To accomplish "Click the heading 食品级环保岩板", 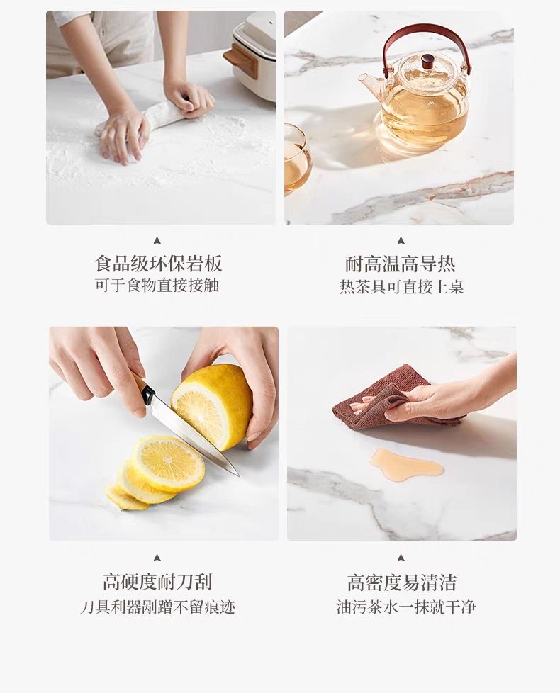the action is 158,264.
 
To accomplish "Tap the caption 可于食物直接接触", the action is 157,285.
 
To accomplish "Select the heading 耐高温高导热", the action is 400,264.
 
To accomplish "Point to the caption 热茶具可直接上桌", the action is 401,286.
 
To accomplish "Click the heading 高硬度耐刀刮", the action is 157,581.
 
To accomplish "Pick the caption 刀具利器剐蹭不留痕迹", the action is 157,607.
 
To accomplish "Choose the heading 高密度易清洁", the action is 401,582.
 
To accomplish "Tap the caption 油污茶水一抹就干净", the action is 405,607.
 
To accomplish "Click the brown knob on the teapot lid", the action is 427,60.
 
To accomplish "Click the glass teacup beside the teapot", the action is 297,159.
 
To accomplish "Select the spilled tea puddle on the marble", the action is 405,464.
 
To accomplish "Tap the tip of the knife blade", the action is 238,475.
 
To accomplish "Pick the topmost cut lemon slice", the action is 169,463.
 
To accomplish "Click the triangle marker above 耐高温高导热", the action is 401,240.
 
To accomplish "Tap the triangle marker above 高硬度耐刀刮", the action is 157,558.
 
